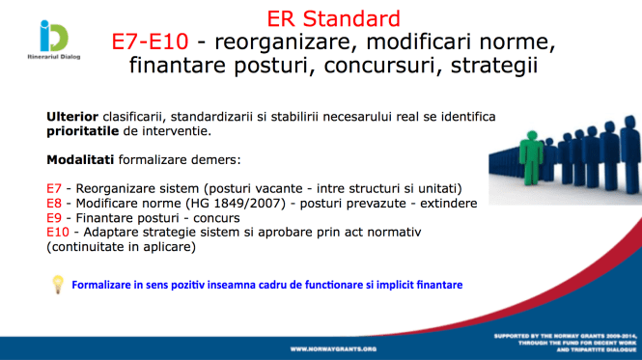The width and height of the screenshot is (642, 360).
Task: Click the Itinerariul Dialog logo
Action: click(x=41, y=42)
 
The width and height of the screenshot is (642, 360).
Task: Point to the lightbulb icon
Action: click(x=57, y=284)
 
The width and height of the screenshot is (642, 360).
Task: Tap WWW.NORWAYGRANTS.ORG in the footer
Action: click(x=332, y=347)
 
